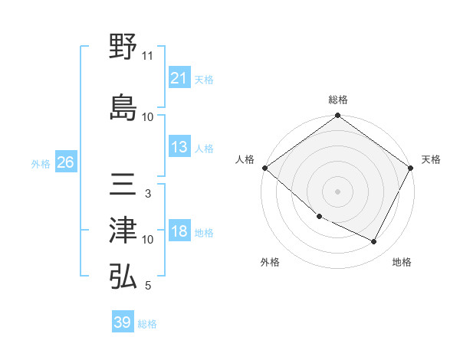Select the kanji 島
[123, 108]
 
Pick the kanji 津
[123, 230]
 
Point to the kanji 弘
[123, 277]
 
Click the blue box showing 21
[179, 78]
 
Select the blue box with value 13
[179, 147]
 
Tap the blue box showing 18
[179, 232]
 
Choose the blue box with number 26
[65, 162]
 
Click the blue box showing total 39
[123, 322]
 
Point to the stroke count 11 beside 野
[148, 56]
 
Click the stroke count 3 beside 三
[148, 194]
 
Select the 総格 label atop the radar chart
[338, 100]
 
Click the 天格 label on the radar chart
[432, 159]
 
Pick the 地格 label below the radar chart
[402, 263]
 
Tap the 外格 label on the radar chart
[270, 263]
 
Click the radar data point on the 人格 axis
[264, 168]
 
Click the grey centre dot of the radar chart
[338, 191]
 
